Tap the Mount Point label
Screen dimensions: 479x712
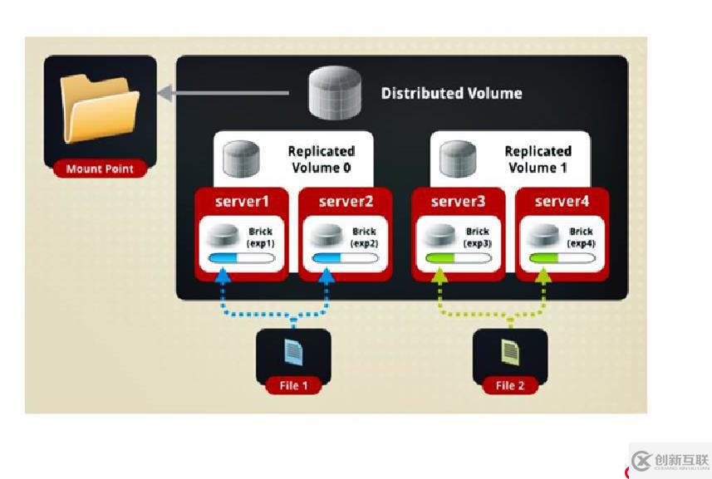(100, 169)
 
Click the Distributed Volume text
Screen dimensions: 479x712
(451, 93)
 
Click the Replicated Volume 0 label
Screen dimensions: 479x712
(321, 159)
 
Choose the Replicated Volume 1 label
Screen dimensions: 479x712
(538, 159)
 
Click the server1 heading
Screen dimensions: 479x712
(241, 202)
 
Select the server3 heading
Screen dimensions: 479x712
(458, 202)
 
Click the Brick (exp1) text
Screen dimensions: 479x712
(259, 237)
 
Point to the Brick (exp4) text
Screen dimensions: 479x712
(581, 237)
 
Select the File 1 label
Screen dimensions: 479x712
(292, 385)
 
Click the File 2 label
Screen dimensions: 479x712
(510, 385)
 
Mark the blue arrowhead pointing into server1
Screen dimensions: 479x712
(223, 279)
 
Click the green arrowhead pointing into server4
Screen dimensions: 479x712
(544, 279)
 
